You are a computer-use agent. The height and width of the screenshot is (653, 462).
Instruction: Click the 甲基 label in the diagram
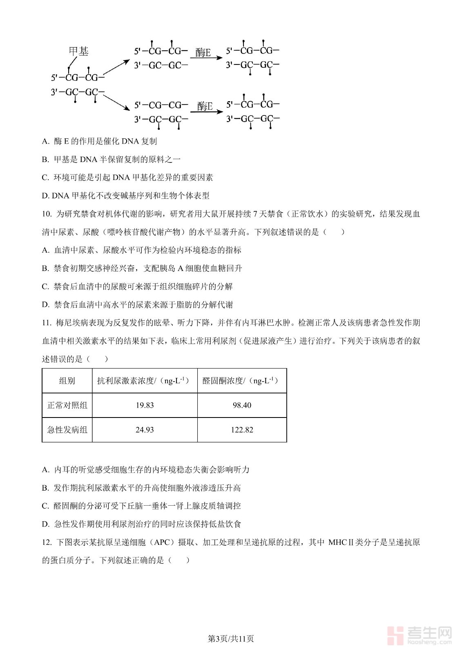tap(78, 51)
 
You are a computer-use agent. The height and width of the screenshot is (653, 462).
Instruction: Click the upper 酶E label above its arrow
tap(203, 53)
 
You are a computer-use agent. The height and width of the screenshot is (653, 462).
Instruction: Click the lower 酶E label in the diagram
tap(205, 107)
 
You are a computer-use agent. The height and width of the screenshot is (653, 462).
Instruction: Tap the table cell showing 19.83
tap(145, 405)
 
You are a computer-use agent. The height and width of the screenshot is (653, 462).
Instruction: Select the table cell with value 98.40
tap(242, 405)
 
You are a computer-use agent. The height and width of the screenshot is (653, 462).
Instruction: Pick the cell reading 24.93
tap(145, 430)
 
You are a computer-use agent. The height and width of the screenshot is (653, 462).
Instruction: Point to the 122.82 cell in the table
tap(242, 430)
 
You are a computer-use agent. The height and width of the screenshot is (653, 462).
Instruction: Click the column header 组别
tap(67, 381)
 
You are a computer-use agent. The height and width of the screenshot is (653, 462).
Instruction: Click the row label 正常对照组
tap(67, 405)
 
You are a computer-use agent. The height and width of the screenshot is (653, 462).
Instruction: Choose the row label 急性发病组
tap(67, 430)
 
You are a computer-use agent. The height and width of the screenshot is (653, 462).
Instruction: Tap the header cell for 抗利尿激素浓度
tap(145, 381)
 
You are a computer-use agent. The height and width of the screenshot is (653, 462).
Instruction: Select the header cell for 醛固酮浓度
tap(242, 381)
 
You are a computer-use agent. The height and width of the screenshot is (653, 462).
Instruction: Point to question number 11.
tap(47, 323)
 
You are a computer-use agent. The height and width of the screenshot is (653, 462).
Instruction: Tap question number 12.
tap(47, 542)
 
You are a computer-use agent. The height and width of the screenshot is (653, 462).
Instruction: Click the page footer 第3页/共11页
tap(231, 639)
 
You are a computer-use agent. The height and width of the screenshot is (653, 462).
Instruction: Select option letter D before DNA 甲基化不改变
tap(45, 196)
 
